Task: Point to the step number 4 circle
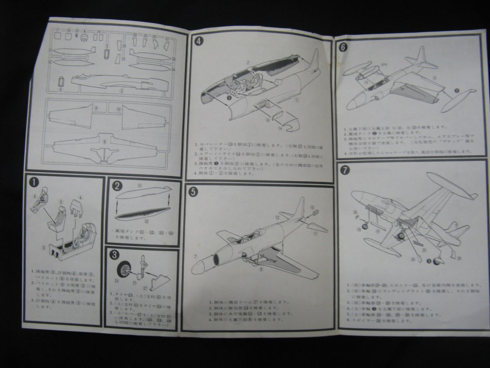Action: [x=198, y=41]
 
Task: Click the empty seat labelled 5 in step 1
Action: [x=58, y=217]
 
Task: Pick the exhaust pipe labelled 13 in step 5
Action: [x=315, y=213]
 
